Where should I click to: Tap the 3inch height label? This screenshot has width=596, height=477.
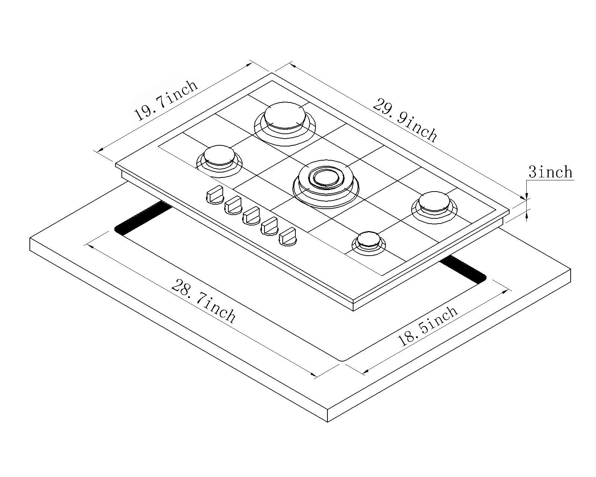pos(550,172)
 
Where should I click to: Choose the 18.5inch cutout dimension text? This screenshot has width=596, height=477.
pos(428,326)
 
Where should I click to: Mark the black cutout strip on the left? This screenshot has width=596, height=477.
pos(143,218)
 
